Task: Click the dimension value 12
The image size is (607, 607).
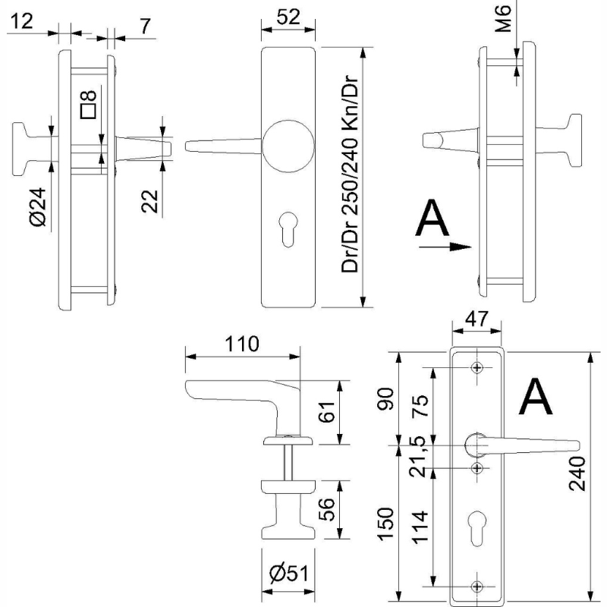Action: [22, 23]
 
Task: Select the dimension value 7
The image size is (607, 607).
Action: [143, 24]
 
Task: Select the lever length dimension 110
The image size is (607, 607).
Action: [241, 343]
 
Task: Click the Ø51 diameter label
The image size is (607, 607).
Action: [287, 574]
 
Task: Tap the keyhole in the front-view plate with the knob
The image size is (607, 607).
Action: [288, 231]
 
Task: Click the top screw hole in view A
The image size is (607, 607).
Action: [477, 368]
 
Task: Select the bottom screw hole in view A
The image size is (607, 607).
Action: [477, 585]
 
